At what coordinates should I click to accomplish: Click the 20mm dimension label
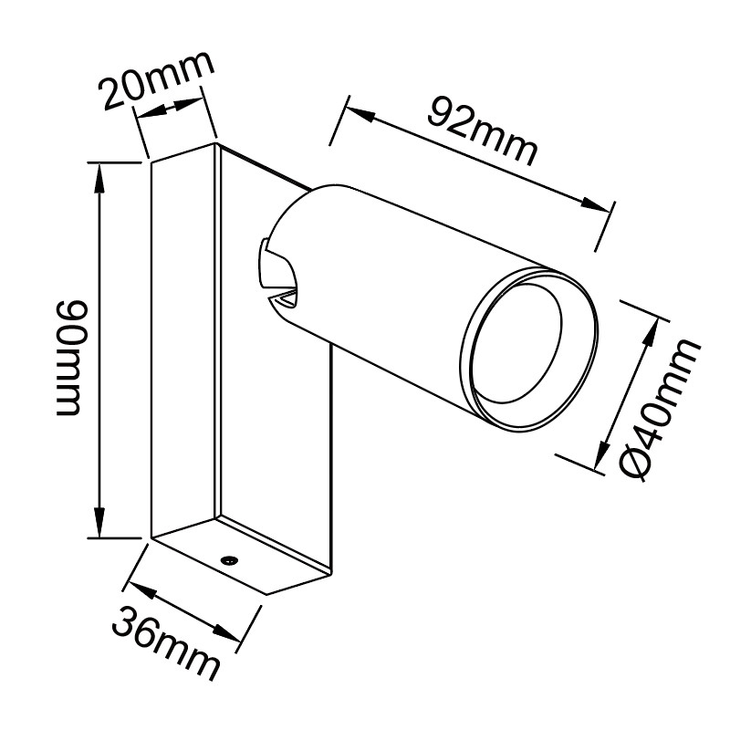pyautogui.click(x=157, y=79)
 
